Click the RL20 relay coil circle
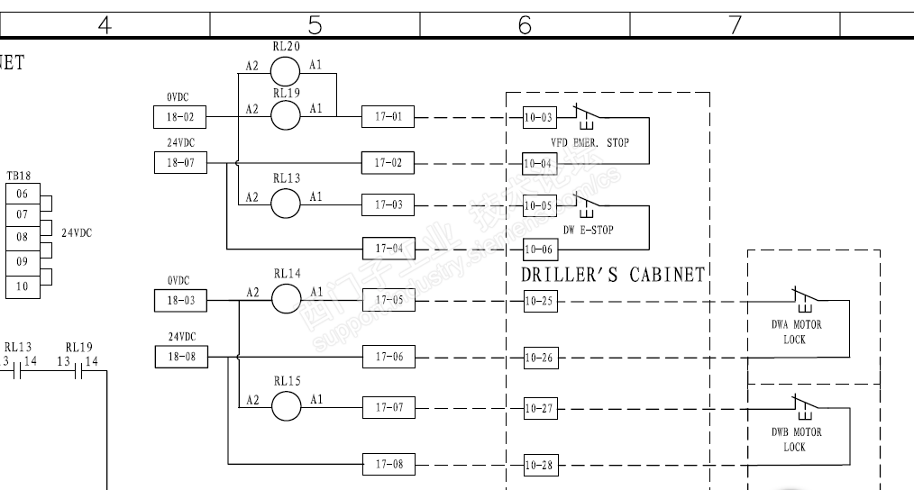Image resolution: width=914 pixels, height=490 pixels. coord(286,68)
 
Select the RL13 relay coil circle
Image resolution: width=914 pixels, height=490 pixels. coord(286,204)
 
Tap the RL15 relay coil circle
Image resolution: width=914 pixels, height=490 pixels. coord(286,407)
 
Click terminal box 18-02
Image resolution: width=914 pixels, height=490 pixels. coord(179,115)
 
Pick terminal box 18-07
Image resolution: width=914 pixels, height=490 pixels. coord(179,163)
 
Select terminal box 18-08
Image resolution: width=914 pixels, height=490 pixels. coord(179,358)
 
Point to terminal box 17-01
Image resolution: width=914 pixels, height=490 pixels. coord(388,115)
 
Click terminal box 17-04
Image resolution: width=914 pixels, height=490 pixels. coord(388,247)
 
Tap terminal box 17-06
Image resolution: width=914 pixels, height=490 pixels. coord(388,358)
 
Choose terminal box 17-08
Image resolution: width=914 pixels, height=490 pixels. coord(388,465)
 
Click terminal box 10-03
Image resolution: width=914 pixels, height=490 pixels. coord(540,115)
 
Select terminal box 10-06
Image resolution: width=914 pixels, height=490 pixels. coord(540,248)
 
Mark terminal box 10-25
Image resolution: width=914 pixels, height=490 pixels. coord(540,301)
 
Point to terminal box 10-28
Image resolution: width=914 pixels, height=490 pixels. coord(540,465)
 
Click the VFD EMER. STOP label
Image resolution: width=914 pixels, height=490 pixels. coord(590,142)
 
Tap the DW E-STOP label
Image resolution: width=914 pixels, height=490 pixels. coord(589,230)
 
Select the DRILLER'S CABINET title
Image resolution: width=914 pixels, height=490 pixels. coord(612,274)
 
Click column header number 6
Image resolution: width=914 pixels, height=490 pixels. coord(525,26)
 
